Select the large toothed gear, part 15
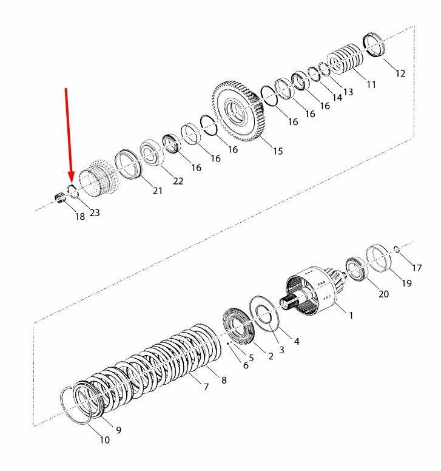[x=237, y=112]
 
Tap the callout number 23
[x=95, y=212]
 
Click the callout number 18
[x=80, y=216]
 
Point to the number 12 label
[x=400, y=73]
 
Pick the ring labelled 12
[x=374, y=44]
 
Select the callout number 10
[x=104, y=440]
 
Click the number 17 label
[x=417, y=268]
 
